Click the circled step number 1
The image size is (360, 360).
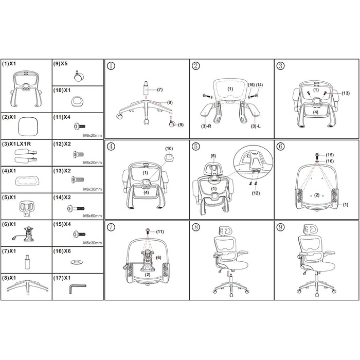click(x=111, y=66)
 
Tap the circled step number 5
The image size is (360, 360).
click(x=196, y=146)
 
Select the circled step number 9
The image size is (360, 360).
click(x=281, y=227)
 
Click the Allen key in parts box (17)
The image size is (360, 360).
click(x=77, y=289)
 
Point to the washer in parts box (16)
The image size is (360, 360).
click(x=77, y=262)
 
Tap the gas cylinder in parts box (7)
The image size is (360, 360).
click(x=27, y=262)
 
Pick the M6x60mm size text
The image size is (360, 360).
click(x=92, y=216)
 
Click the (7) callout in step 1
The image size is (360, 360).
click(x=160, y=89)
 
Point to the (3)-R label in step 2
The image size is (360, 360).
click(x=206, y=126)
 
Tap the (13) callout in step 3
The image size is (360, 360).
click(x=346, y=93)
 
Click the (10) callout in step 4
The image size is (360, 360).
click(x=169, y=149)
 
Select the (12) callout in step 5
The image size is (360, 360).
click(x=256, y=193)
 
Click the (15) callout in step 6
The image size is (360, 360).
click(x=330, y=155)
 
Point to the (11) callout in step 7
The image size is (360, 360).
click(x=160, y=231)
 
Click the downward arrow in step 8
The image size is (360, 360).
click(x=228, y=274)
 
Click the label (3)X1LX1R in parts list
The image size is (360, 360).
click(x=16, y=144)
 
